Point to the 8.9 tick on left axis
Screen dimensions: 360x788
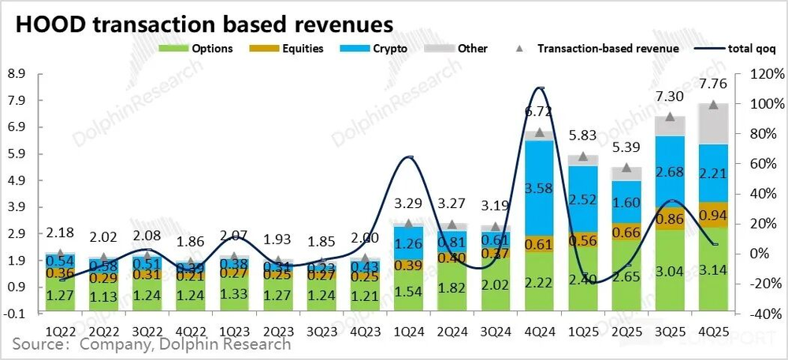pos(17,74)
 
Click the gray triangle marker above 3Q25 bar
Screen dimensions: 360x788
pos(670,117)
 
